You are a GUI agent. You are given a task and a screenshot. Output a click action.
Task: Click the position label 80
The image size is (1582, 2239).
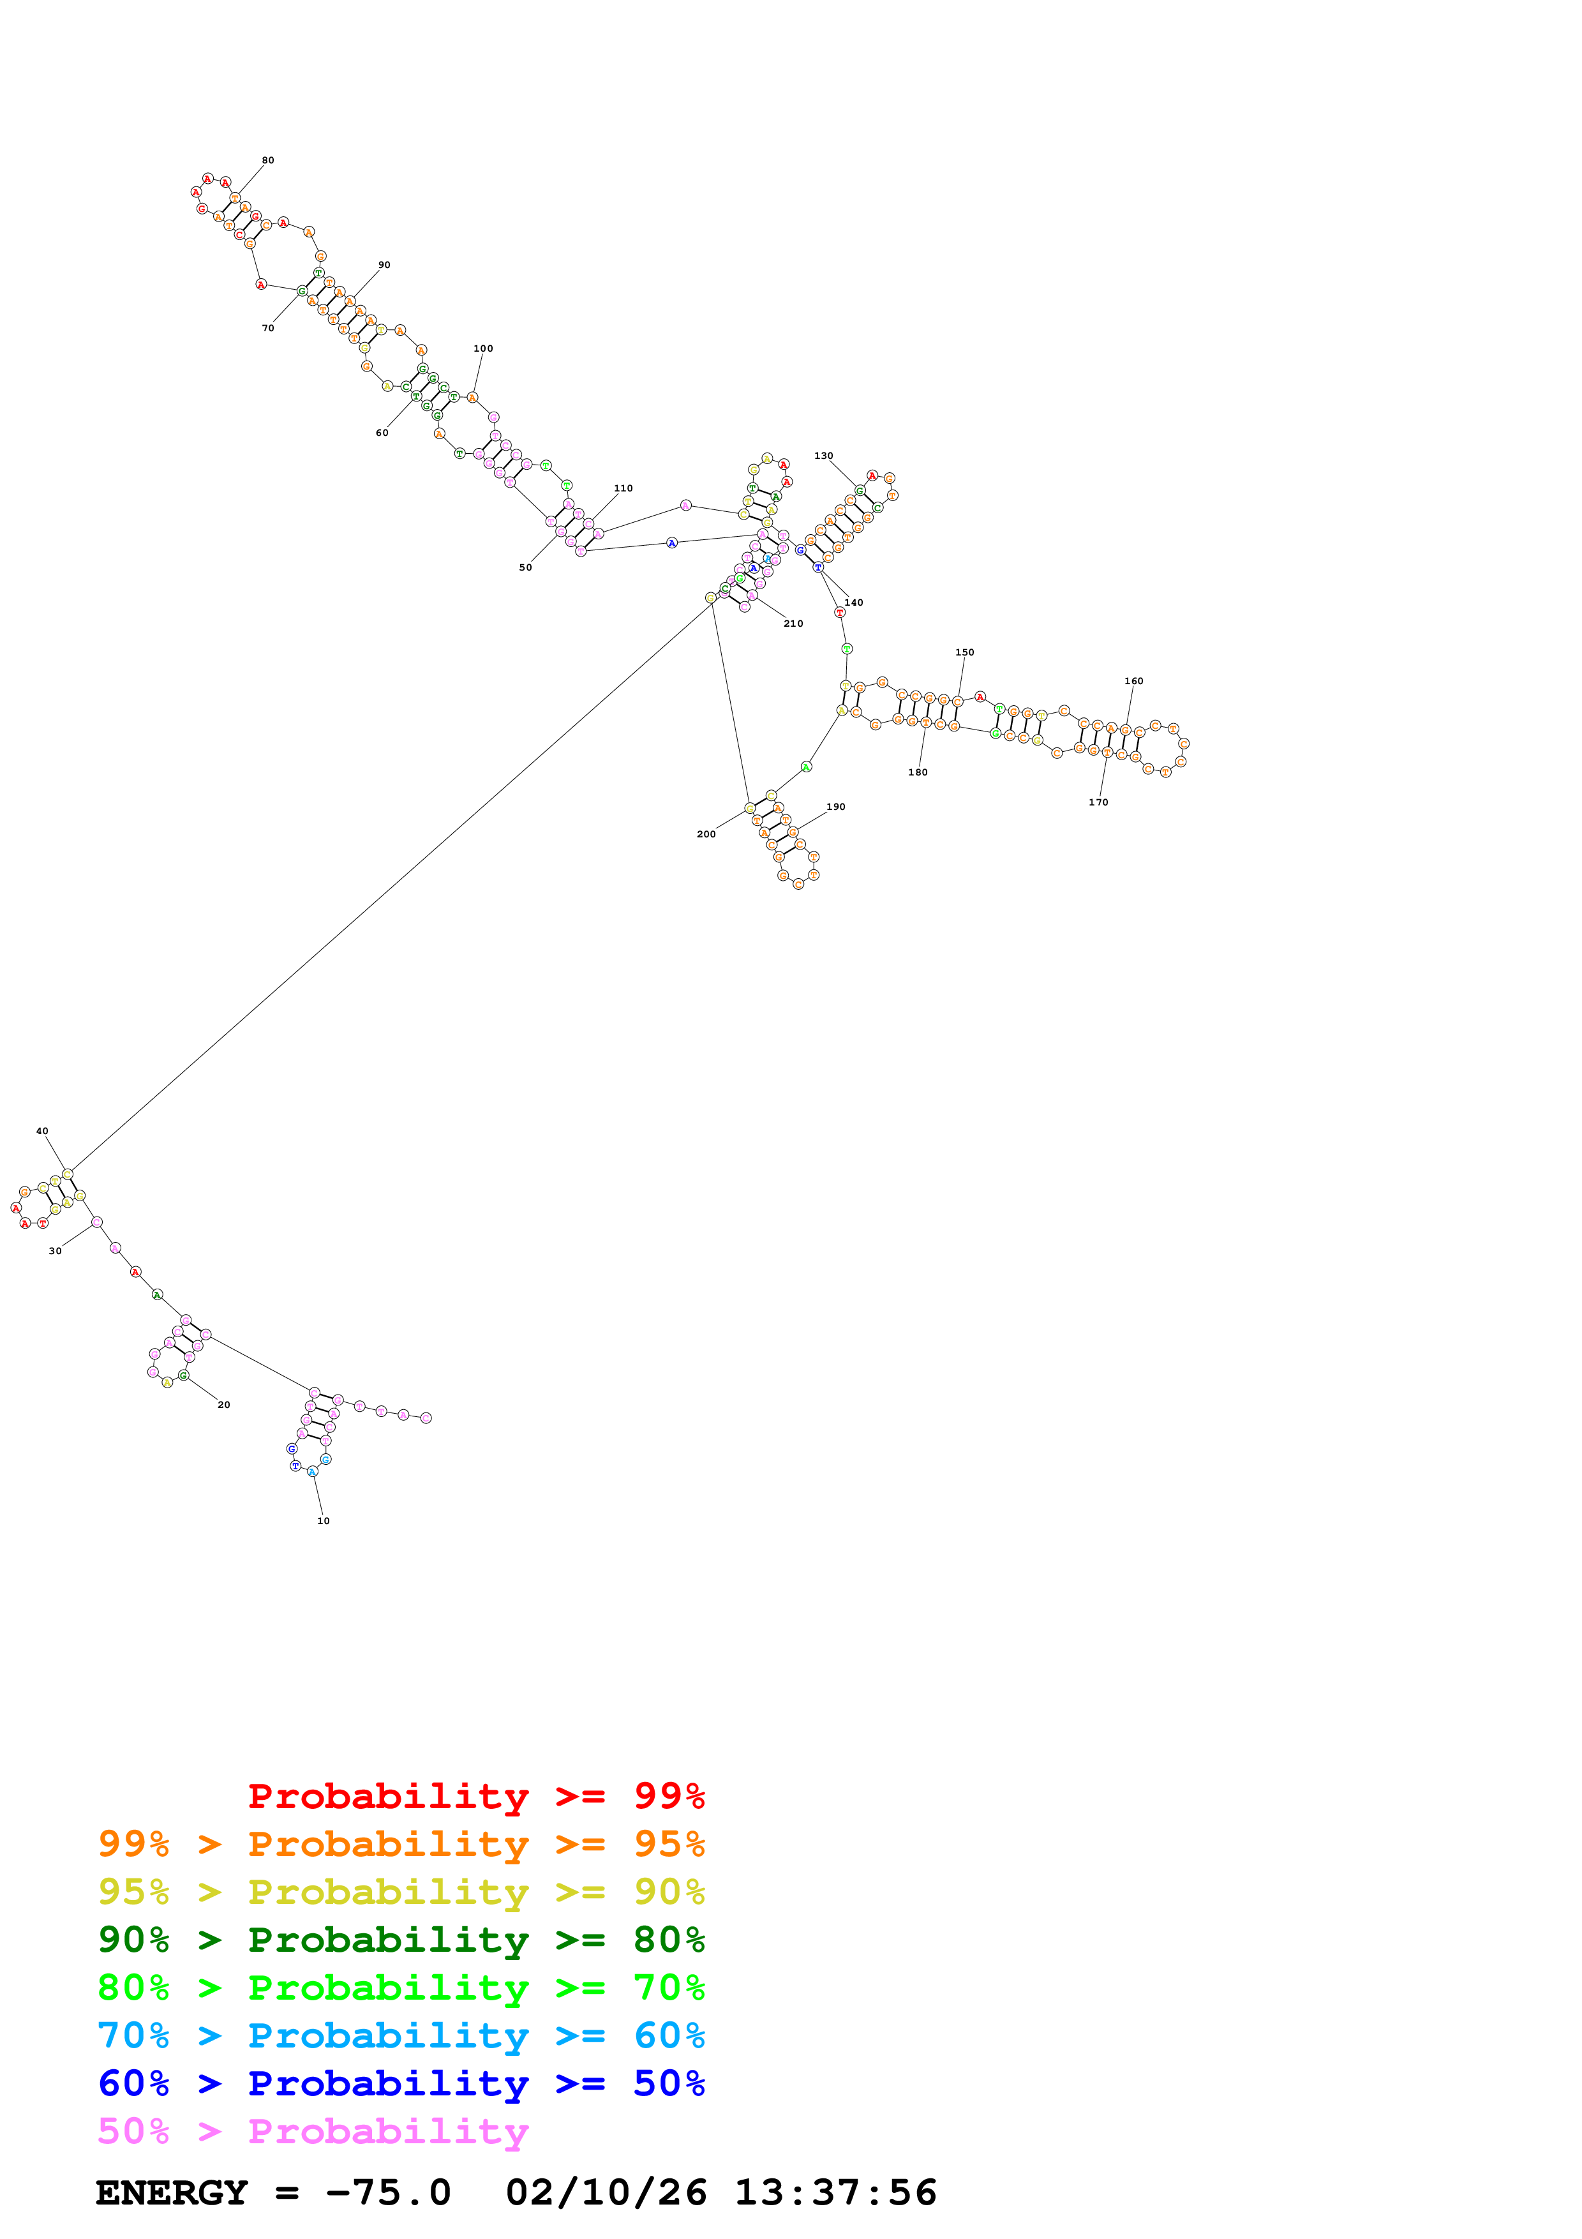(x=268, y=160)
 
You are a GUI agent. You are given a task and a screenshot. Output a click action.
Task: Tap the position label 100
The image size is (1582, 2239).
(x=484, y=348)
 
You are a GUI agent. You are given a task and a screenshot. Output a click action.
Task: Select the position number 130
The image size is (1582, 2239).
(x=824, y=456)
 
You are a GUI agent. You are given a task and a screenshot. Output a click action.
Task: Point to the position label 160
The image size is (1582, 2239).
(x=1133, y=680)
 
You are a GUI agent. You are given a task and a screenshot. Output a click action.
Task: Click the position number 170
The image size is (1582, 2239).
(x=1098, y=802)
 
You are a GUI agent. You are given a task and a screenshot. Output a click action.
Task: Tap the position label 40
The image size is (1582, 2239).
(x=42, y=1131)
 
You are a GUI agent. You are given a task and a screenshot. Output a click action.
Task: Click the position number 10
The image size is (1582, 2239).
(x=324, y=1520)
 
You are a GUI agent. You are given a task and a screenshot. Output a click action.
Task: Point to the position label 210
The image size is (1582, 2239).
(x=793, y=623)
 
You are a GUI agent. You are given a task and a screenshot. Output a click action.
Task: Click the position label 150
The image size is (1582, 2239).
(x=965, y=652)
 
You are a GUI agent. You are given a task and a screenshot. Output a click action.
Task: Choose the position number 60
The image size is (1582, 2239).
(x=382, y=433)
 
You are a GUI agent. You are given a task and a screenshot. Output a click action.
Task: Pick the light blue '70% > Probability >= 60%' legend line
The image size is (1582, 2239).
(x=401, y=2035)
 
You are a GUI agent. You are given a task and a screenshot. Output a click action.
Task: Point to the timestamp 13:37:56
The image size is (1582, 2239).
(x=835, y=2192)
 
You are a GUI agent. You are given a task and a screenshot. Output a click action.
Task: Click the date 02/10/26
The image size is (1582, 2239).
(x=606, y=2192)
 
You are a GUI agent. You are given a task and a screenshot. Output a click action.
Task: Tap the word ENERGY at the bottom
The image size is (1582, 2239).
(x=172, y=2192)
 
